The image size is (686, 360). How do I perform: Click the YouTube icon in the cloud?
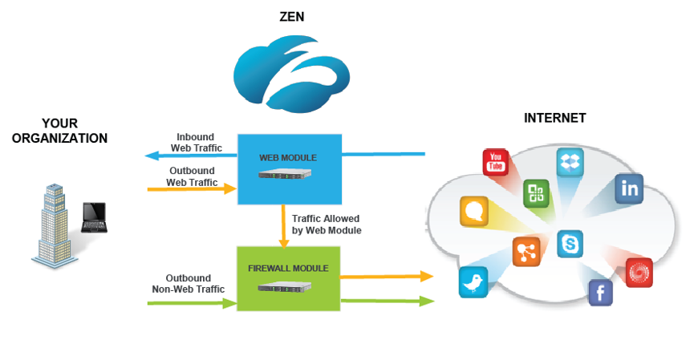point(496,161)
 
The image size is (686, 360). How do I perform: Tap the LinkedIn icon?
point(629,188)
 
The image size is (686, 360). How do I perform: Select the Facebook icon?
point(600,293)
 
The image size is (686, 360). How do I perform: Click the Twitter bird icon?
point(473,282)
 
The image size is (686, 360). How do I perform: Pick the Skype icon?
point(570,244)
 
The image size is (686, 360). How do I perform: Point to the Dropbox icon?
point(570,163)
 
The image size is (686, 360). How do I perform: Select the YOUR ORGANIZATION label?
point(59,131)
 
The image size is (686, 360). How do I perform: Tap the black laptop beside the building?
point(94,217)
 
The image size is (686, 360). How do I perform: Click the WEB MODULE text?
point(288,157)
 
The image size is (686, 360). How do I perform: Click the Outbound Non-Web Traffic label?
point(189,284)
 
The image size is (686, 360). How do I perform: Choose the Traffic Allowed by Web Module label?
point(326,224)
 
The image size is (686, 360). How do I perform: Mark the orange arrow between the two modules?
point(282,225)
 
